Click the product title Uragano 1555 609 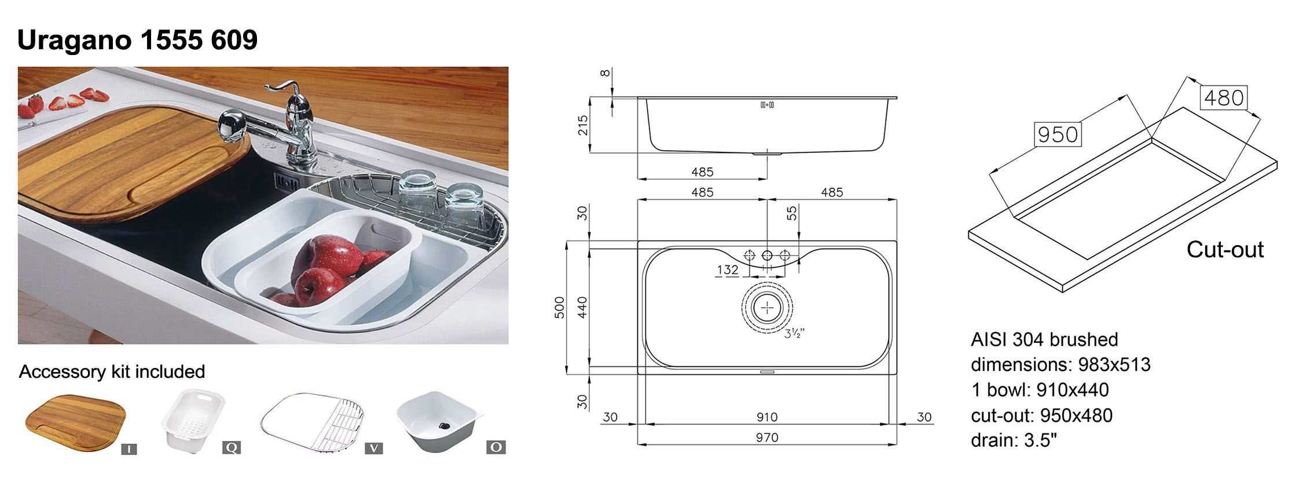(x=137, y=40)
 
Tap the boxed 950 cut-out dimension (x=1058, y=134)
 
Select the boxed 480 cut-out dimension (x=1224, y=97)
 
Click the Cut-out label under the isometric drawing (x=1225, y=250)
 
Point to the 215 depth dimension (x=583, y=125)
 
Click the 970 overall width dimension (x=767, y=437)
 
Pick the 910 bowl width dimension (x=767, y=417)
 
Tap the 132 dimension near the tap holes (x=728, y=269)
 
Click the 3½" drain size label (x=794, y=333)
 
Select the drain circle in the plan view (x=767, y=308)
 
